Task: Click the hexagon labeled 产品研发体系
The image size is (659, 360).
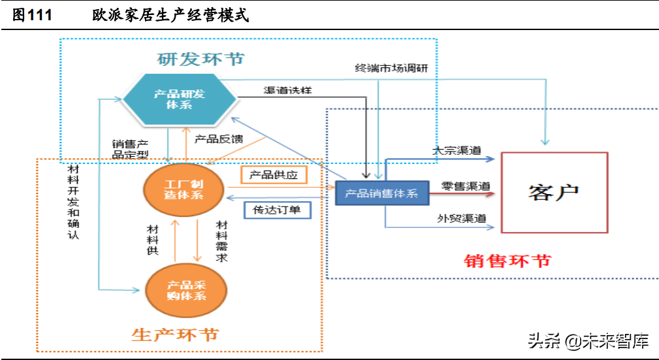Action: click(x=179, y=99)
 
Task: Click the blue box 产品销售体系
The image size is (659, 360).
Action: click(x=381, y=193)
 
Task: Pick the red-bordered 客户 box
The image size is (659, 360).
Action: click(x=554, y=193)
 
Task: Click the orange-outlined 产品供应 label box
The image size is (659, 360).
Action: click(x=274, y=175)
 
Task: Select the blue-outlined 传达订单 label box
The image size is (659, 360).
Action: click(x=277, y=210)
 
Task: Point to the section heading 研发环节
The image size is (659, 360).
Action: click(x=201, y=59)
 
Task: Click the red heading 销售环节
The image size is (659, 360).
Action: click(x=507, y=260)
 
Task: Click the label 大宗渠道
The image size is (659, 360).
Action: click(x=457, y=151)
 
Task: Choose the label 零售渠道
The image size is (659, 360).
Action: click(x=465, y=186)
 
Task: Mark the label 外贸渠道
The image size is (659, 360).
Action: click(x=462, y=219)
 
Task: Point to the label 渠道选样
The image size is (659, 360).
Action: click(x=288, y=90)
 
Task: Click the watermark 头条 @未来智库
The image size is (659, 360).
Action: click(x=588, y=340)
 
